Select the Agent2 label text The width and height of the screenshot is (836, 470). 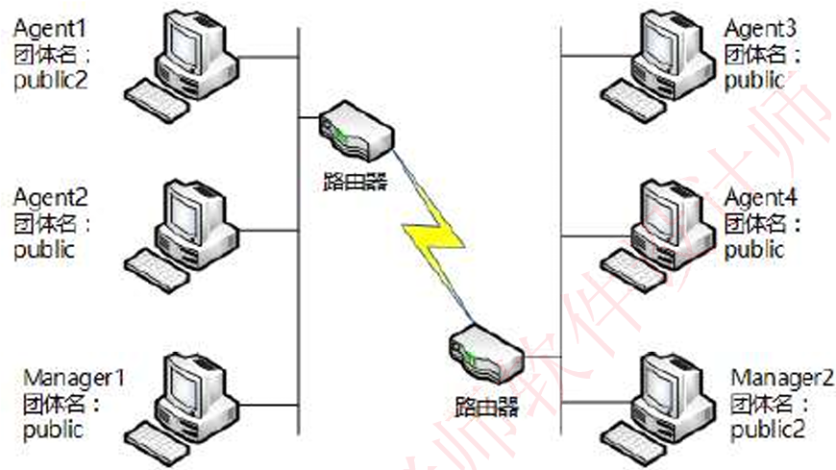[50, 199]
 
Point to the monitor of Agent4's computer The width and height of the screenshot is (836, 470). [666, 211]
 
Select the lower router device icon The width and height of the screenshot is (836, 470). [485, 354]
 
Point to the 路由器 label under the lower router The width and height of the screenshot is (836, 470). [485, 405]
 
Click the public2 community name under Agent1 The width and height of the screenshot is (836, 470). [50, 80]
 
